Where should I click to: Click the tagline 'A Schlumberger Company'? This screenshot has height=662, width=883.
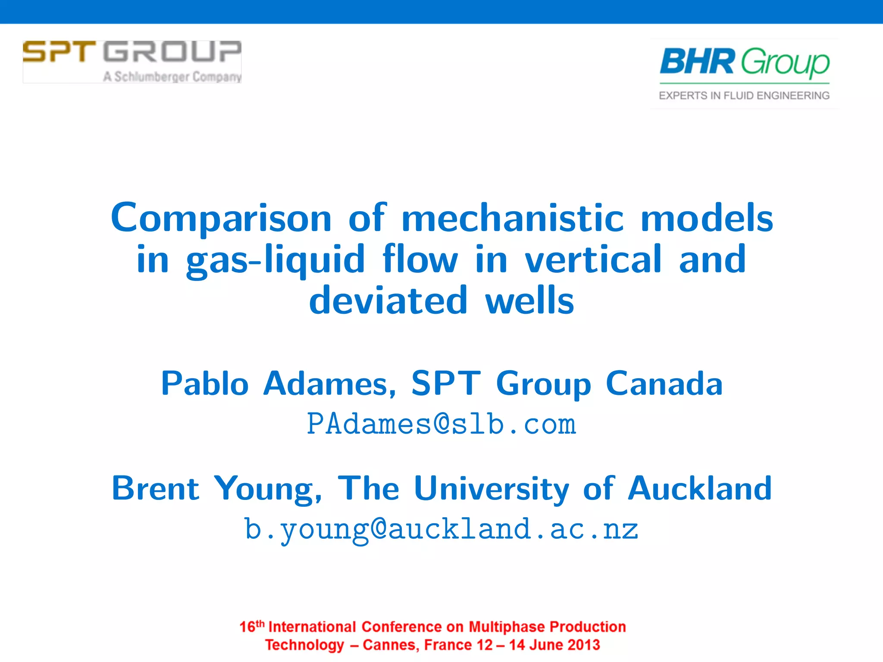172,77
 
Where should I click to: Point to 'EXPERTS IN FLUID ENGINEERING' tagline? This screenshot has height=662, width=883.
744,96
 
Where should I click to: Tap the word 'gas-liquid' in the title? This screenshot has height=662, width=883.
276,260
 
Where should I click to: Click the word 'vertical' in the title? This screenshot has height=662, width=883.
593,259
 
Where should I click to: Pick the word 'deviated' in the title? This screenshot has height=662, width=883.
388,301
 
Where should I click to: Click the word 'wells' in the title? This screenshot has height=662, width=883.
530,301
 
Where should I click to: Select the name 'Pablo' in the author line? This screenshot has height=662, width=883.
205,383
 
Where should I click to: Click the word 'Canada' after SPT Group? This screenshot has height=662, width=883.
664,383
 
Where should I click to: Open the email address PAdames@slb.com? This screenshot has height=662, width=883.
441,424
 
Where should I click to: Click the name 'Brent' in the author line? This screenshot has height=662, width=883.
155,488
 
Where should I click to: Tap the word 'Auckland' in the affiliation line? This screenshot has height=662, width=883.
699,488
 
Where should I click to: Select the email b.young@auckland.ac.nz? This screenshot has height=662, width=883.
441,530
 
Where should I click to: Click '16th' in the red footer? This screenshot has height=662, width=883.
251,626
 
